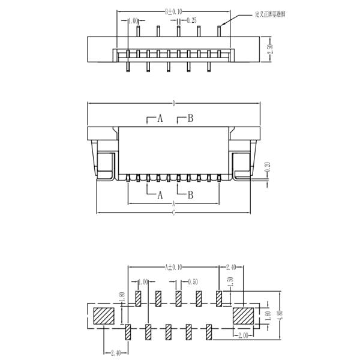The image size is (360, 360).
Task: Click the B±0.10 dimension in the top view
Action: click(x=173, y=11)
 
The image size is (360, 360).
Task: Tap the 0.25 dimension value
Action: click(x=193, y=20)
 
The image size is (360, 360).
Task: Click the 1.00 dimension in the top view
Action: click(x=133, y=21)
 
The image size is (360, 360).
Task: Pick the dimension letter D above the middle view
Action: click(x=174, y=103)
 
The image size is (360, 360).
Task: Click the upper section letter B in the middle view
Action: click(x=190, y=118)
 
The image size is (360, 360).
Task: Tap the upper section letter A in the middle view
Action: click(x=160, y=118)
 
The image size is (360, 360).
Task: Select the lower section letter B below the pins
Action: click(x=190, y=194)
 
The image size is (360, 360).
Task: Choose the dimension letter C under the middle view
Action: click(x=173, y=214)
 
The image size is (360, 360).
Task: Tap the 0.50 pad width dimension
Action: click(x=191, y=281)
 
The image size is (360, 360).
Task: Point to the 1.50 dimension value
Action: click(x=229, y=283)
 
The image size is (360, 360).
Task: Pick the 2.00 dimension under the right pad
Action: click(x=242, y=335)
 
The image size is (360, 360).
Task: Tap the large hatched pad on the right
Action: click(x=244, y=315)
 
